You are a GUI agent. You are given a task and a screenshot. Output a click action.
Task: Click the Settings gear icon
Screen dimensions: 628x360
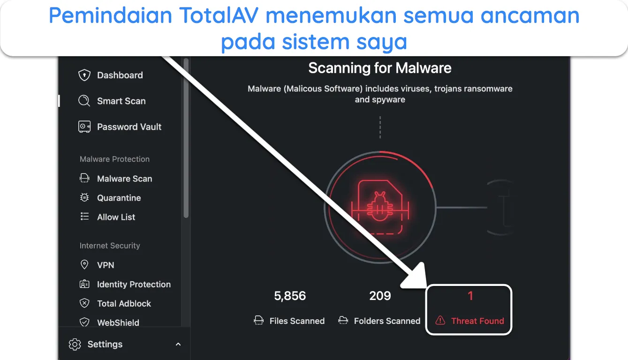(x=75, y=345)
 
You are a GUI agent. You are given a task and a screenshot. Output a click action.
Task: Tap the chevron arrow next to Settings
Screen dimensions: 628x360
(x=178, y=345)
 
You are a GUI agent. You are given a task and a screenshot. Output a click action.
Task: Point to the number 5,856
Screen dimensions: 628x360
(x=290, y=296)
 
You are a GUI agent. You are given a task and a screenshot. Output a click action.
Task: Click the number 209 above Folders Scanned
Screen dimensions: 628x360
(x=380, y=296)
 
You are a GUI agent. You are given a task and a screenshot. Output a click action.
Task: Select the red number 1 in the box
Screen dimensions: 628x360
(x=470, y=296)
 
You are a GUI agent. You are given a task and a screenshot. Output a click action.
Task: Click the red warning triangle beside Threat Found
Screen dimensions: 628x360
(x=440, y=320)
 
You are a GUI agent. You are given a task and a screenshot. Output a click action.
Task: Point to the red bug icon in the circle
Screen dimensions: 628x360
(x=380, y=208)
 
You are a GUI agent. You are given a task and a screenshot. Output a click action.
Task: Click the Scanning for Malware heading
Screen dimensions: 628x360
(x=380, y=68)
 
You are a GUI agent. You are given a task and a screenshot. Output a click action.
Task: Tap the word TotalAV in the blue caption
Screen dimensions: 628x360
(x=219, y=15)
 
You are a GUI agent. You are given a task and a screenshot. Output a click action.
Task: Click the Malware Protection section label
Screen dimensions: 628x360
(x=114, y=159)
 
